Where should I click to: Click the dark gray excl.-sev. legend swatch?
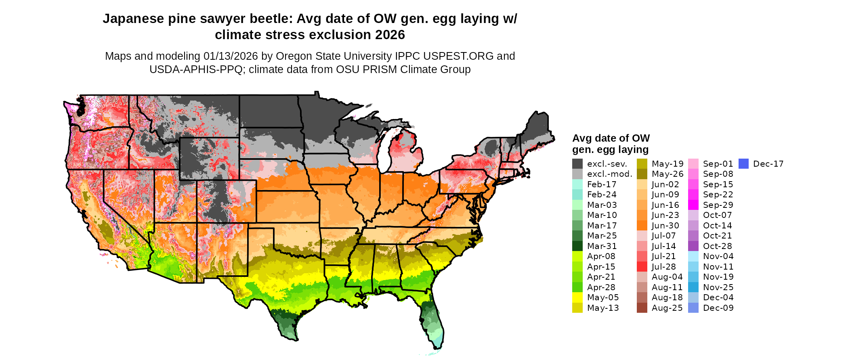pos(577,164)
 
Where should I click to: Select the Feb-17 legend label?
pos(602,184)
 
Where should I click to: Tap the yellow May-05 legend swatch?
pos(577,297)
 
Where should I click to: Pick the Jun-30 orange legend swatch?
pos(642,226)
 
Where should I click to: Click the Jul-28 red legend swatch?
pos(642,267)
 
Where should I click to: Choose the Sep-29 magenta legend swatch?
pos(693,205)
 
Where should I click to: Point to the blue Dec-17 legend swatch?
pos(743,164)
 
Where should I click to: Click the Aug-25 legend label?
pos(667,308)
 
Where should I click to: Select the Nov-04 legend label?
pos(718,256)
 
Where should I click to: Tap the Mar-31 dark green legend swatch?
pos(577,246)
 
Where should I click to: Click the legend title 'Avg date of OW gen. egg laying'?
pos(611,144)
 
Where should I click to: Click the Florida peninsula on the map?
pos(434,323)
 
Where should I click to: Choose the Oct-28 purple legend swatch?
pos(693,246)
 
